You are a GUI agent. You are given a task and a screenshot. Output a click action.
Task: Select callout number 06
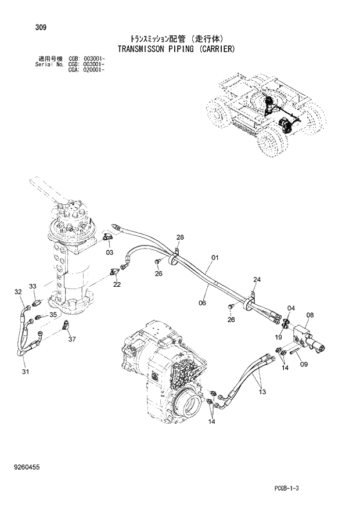pos(202,302)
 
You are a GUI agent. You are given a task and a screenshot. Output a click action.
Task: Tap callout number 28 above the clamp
pos(180,237)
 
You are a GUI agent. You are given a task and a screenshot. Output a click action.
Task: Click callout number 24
pos(257,280)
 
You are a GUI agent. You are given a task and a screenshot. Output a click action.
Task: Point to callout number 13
pos(262,392)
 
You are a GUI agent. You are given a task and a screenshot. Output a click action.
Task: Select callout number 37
pos(71,340)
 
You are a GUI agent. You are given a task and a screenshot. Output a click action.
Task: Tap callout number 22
pos(117,284)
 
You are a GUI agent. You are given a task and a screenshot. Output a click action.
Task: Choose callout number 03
pos(109,253)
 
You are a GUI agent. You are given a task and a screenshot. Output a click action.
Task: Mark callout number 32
pos(18,291)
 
